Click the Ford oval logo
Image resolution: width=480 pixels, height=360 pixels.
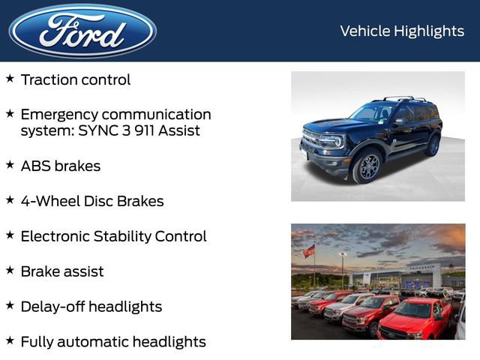[x=82, y=31]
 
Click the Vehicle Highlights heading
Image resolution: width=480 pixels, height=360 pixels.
[x=402, y=31]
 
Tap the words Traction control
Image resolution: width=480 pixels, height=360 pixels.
[x=75, y=79]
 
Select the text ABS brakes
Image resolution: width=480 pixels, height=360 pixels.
[x=60, y=166]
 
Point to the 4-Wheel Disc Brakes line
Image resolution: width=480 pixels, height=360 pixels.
[x=91, y=201]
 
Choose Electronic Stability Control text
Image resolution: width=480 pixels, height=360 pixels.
[x=113, y=236]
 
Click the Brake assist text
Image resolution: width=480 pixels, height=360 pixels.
[x=62, y=271]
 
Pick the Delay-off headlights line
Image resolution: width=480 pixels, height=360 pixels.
[x=91, y=307]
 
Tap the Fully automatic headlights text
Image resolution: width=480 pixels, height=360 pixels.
[x=112, y=342]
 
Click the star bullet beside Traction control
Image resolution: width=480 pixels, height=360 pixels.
[x=10, y=78]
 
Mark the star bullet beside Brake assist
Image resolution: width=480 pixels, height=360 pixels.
[x=10, y=270]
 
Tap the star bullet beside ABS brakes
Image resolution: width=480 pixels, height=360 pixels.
[x=10, y=164]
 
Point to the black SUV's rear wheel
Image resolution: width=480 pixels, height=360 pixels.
[x=433, y=145]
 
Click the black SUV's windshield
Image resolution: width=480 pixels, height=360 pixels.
[x=373, y=113]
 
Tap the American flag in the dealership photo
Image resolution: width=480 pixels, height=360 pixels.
[x=309, y=251]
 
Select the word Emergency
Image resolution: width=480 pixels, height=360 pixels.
[x=60, y=115]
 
